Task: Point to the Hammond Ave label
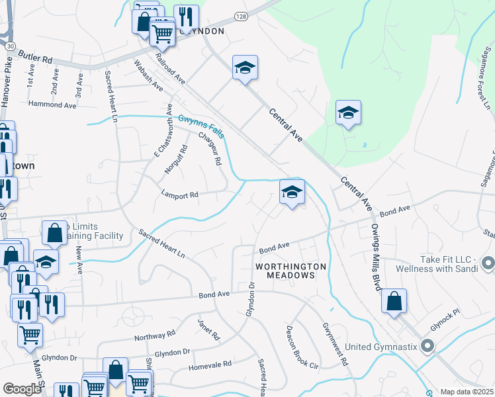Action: [x=49, y=105]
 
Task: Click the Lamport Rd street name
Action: [x=180, y=195]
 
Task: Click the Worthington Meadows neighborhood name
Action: [x=291, y=271]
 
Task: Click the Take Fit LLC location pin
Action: [x=488, y=263]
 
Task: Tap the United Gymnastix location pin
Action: [x=427, y=345]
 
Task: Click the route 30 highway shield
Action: [x=11, y=46]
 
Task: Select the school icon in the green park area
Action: [x=347, y=112]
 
